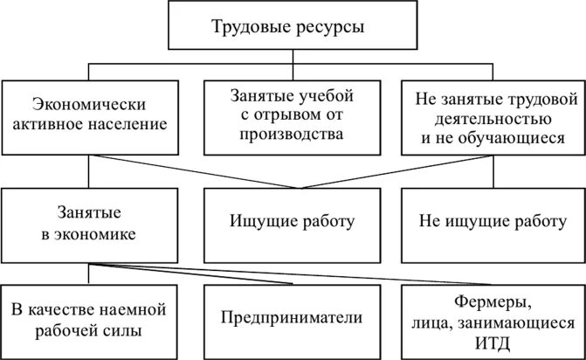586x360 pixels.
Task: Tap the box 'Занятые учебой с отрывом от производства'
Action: (x=293, y=114)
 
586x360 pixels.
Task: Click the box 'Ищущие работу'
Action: (x=293, y=222)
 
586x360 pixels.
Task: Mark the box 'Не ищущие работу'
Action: (x=490, y=222)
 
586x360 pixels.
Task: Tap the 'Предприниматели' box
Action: (x=292, y=320)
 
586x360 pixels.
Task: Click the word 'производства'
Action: (x=293, y=135)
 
